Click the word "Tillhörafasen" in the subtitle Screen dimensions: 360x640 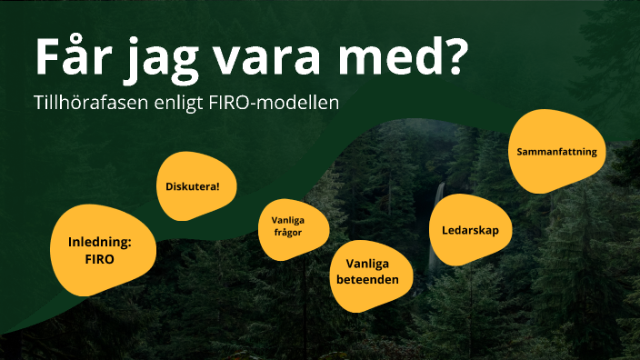(x=90, y=103)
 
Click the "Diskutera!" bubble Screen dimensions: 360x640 (x=192, y=186)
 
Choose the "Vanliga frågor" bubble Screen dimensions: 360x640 (x=286, y=225)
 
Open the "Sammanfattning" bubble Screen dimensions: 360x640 (x=556, y=152)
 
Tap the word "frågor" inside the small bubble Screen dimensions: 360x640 (x=286, y=233)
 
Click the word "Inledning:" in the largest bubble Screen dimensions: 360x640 (x=100, y=242)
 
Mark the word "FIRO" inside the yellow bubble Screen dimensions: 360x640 (x=100, y=258)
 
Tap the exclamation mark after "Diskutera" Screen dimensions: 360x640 (x=217, y=186)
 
